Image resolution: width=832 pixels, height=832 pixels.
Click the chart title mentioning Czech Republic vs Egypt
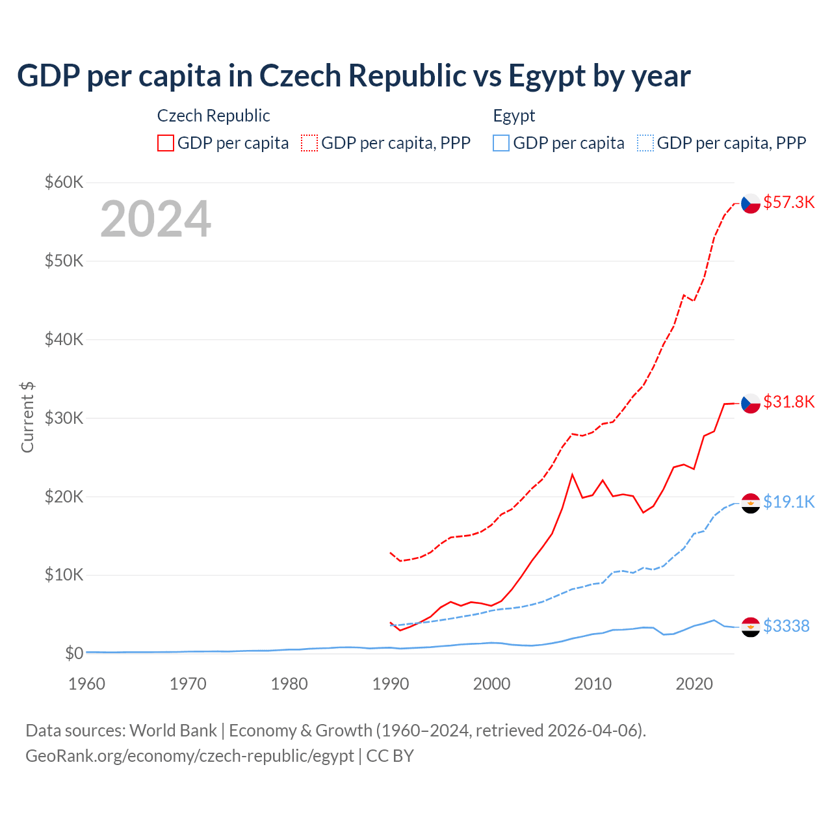(x=354, y=76)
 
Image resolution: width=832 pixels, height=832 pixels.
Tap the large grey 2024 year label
(x=155, y=219)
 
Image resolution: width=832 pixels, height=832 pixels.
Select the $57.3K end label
(x=788, y=202)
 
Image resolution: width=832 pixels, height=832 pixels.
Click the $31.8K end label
(x=788, y=402)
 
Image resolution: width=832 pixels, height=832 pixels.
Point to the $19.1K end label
(x=788, y=502)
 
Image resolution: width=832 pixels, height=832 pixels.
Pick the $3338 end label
(x=786, y=626)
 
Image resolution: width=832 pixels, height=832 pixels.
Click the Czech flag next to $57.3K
(x=751, y=203)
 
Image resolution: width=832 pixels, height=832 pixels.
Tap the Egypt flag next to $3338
(x=751, y=627)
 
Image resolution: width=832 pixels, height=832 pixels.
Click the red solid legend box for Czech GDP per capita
(x=166, y=143)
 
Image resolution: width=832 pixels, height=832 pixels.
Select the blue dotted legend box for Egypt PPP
(x=645, y=143)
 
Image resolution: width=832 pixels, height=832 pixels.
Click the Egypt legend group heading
(x=513, y=116)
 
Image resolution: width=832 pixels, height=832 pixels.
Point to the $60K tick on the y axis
(x=64, y=182)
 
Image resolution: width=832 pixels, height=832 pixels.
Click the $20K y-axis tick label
(x=64, y=497)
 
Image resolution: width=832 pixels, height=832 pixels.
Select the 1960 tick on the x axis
(x=86, y=684)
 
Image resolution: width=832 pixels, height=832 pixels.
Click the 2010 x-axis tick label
(x=593, y=684)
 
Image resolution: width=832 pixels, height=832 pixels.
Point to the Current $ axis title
(x=27, y=417)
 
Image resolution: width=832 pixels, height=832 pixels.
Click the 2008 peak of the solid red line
(x=572, y=474)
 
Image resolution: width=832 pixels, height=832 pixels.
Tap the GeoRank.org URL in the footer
(x=189, y=756)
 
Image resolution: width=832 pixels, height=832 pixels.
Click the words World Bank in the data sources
(x=173, y=731)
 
